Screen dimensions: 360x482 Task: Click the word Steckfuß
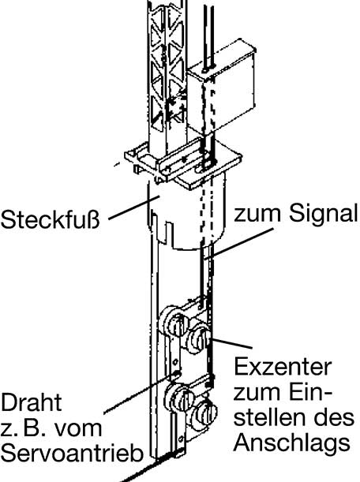51,219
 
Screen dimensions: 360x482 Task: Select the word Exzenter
283,366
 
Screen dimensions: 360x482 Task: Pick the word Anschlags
292,443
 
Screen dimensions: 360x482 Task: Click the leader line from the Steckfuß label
133,207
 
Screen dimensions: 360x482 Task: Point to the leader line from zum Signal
238,241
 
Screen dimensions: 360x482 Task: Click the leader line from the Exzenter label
231,343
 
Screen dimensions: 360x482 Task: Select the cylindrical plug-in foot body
187,215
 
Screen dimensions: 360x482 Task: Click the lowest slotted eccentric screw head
204,412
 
